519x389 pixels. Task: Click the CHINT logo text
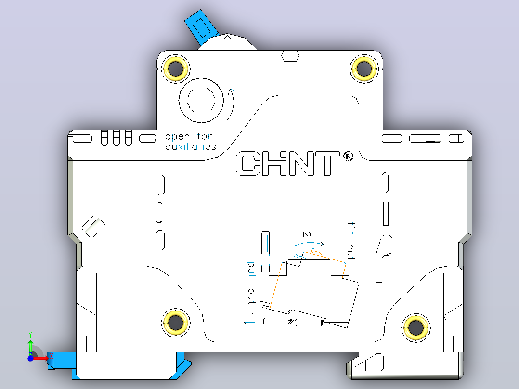click(287, 163)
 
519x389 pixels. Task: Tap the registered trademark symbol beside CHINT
click(348, 156)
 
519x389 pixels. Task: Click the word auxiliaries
click(191, 146)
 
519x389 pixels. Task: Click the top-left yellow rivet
click(175, 69)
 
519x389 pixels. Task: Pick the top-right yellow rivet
click(364, 69)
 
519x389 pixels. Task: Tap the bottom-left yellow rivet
click(175, 323)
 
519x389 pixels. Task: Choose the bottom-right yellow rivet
click(416, 327)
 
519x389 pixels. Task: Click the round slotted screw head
click(201, 100)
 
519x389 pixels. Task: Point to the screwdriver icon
click(265, 277)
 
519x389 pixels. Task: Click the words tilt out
click(350, 241)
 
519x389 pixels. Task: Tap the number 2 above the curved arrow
click(307, 234)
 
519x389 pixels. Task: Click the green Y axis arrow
click(30, 346)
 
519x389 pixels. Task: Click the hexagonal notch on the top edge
click(290, 56)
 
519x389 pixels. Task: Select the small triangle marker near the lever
click(227, 38)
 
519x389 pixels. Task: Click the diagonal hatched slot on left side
click(93, 226)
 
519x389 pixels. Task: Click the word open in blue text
click(177, 137)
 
